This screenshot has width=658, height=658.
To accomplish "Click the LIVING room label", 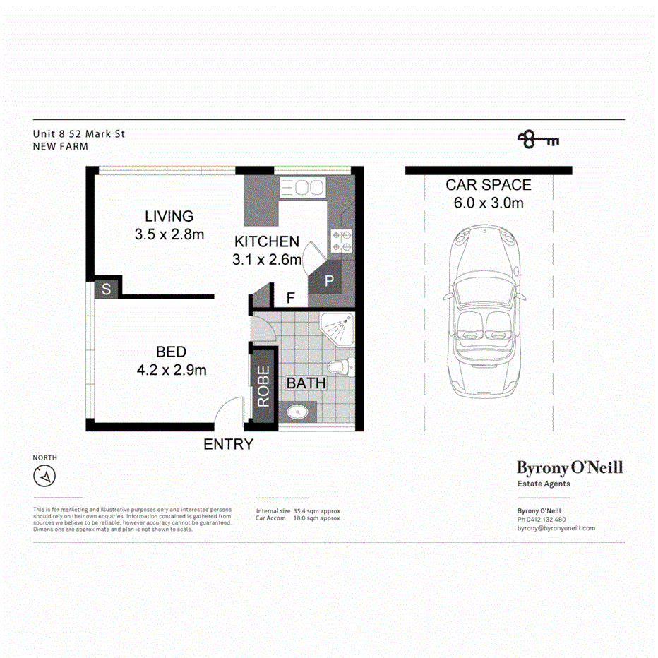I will click(169, 216).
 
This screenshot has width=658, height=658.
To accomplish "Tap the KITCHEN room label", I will click(267, 241).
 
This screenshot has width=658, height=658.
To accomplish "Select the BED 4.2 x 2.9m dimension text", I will click(172, 369).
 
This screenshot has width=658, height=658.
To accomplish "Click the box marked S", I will click(106, 289).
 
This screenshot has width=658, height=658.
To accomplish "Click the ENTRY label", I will click(228, 445).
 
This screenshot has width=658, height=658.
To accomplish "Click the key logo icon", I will click(537, 139).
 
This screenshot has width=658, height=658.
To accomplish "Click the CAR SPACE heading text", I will click(488, 186).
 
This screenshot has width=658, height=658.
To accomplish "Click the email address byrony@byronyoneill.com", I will click(556, 528).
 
